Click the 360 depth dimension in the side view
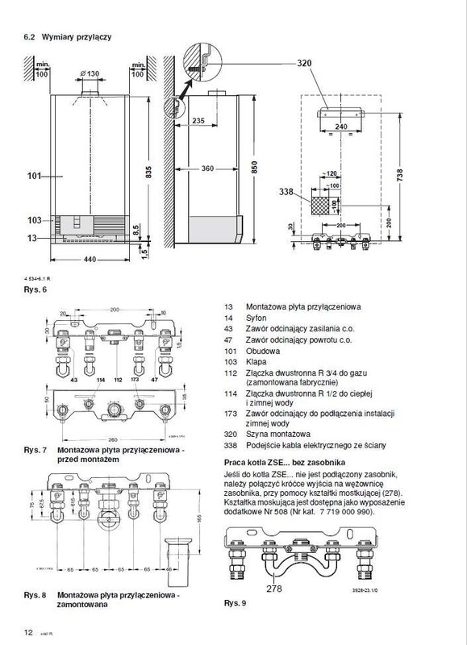[x=208, y=169]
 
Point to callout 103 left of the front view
[x=33, y=219]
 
